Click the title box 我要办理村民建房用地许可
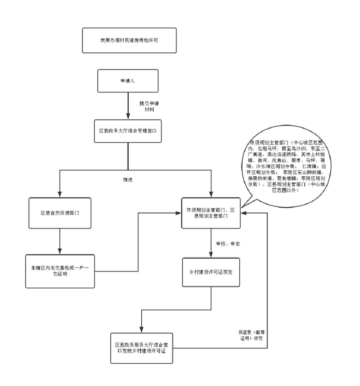(129, 40)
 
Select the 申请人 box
(128, 81)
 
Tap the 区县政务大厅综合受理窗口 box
(128, 131)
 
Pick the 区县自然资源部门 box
(60, 213)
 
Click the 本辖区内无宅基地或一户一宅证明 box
(60, 271)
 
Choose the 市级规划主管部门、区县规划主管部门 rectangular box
(211, 213)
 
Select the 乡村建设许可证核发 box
(211, 272)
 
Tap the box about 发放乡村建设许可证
(142, 348)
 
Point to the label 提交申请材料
(149, 106)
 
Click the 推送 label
(128, 180)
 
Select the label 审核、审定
(228, 244)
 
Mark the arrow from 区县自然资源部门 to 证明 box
(60, 241)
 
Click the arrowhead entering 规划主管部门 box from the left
(178, 213)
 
